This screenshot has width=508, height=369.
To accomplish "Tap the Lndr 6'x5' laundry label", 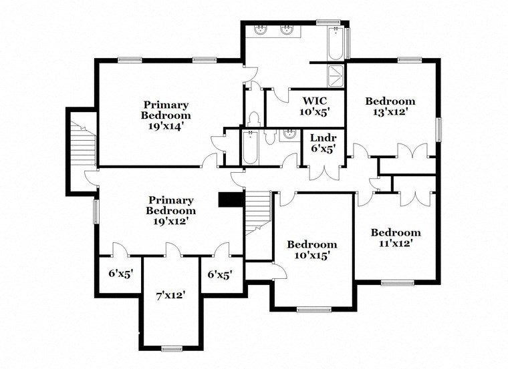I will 323,144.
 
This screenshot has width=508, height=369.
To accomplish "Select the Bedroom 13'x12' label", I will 390,107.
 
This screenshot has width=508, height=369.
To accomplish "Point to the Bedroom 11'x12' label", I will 396,238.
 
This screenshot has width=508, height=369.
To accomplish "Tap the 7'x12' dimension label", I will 170,294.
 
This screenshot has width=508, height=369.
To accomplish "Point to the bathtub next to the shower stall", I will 336,43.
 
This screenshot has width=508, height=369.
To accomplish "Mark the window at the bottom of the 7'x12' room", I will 172,348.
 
